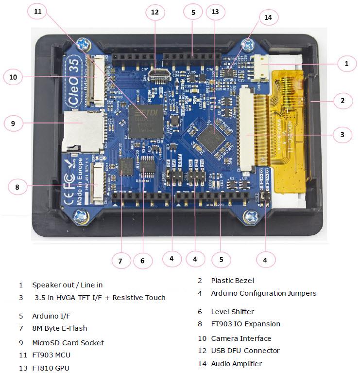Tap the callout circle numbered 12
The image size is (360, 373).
point(155,13)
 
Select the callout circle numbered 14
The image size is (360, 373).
point(268,18)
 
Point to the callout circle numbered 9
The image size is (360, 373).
point(14,124)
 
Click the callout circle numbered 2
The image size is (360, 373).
point(342,101)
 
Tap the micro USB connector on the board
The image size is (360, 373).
point(158,74)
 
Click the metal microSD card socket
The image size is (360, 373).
point(83,128)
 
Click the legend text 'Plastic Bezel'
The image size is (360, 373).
point(232,281)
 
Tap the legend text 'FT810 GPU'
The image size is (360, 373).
point(51,368)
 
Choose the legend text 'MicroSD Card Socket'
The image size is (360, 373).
point(68,343)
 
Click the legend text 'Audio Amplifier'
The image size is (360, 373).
point(236,364)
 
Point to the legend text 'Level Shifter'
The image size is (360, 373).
point(232,312)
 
